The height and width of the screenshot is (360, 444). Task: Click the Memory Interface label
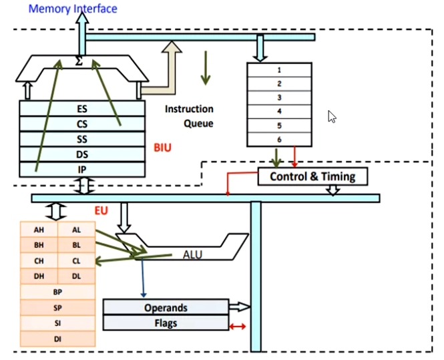pyautogui.click(x=73, y=9)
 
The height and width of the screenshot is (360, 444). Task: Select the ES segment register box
pyautogui.click(x=82, y=108)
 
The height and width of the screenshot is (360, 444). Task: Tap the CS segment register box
pyautogui.click(x=82, y=124)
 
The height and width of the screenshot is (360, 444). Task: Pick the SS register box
pyautogui.click(x=82, y=139)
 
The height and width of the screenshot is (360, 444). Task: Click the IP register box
pyautogui.click(x=82, y=170)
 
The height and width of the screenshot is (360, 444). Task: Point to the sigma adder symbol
pyautogui.click(x=79, y=61)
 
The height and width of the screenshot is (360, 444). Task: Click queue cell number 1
pyautogui.click(x=279, y=69)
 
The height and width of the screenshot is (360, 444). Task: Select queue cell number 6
pyautogui.click(x=279, y=139)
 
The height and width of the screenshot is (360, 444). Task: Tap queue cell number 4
pyautogui.click(x=279, y=111)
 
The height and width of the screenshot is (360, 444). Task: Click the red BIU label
pyautogui.click(x=162, y=148)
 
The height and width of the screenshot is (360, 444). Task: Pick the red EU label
pyautogui.click(x=101, y=210)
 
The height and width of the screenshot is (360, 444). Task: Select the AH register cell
pyautogui.click(x=39, y=229)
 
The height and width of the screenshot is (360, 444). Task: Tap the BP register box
pyautogui.click(x=58, y=293)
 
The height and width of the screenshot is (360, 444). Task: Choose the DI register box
pyautogui.click(x=58, y=339)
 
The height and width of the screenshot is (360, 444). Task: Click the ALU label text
pyautogui.click(x=192, y=254)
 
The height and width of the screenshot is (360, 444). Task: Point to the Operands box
pyautogui.click(x=166, y=308)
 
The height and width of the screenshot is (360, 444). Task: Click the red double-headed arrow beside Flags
pyautogui.click(x=238, y=327)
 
